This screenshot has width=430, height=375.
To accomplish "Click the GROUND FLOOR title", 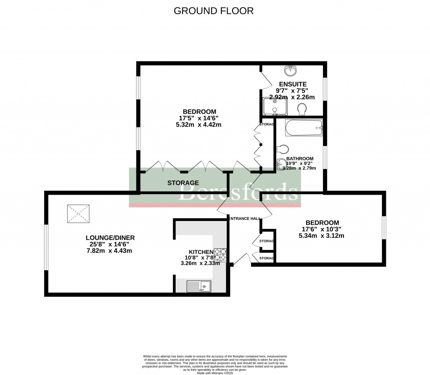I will click(214, 11).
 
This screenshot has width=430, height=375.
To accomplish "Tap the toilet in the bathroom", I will click(283, 150).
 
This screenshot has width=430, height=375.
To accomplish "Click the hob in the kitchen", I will click(220, 255).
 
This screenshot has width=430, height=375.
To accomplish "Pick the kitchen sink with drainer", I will click(199, 286).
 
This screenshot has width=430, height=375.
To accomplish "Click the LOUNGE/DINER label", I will click(109, 237).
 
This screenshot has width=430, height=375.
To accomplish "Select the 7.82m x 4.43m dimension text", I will click(109, 251).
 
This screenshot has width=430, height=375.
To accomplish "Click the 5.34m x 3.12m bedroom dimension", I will click(321, 236).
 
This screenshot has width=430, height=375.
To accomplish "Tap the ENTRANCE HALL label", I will click(244, 219).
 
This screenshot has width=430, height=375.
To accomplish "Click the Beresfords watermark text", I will click(239, 193).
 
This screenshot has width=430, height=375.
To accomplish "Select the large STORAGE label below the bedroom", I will click(183, 183).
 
